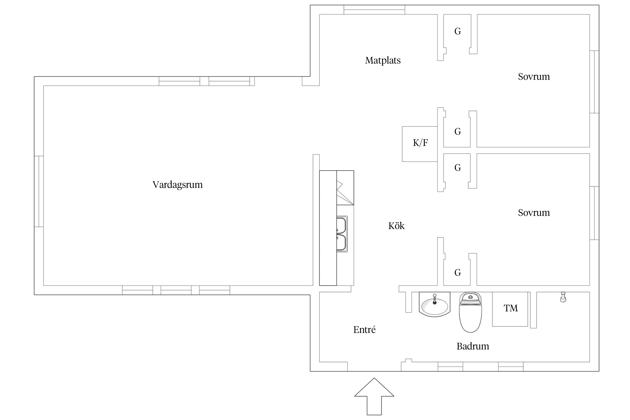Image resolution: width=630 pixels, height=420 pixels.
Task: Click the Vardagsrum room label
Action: coord(178,185)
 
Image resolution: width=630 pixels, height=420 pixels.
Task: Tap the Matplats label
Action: coord(383,60)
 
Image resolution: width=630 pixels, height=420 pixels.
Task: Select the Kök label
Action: coord(396,226)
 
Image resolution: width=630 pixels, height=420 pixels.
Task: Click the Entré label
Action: coord(364,330)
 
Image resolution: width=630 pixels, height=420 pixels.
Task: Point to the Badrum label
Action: coord(473,346)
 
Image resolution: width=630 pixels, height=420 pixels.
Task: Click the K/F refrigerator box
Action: coord(420,144)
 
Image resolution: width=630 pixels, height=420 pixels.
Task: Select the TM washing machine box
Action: coord(510,309)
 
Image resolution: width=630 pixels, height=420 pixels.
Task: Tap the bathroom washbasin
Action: coord(434,305)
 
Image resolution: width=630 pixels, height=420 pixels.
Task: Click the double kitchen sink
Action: coord(342,234)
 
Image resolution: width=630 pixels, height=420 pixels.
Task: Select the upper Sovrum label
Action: coord(534,77)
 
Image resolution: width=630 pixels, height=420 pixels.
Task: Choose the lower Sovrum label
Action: coord(534,213)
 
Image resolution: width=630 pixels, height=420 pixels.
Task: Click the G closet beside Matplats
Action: coord(458,31)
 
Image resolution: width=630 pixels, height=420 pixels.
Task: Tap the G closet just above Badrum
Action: coord(458,272)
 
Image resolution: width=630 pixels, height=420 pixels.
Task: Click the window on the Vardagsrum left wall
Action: coord(39,191)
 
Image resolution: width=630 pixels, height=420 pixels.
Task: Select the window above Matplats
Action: coord(374,10)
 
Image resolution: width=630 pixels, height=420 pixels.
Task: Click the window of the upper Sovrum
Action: coord(594,82)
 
